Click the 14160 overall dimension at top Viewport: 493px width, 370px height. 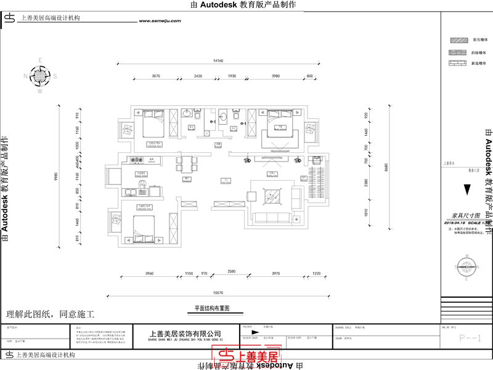point(218,61)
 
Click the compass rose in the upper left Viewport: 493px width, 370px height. point(40,76)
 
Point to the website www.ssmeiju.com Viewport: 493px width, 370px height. point(160,20)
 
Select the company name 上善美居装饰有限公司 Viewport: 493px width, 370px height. point(185,333)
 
